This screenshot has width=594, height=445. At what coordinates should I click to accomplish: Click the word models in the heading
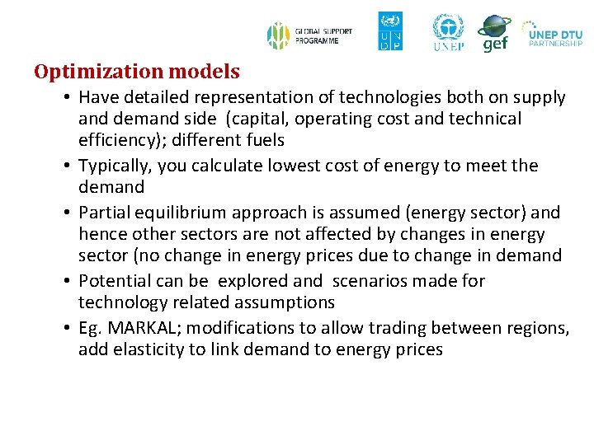coord(206,72)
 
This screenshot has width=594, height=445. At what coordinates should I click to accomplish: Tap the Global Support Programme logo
coord(309,35)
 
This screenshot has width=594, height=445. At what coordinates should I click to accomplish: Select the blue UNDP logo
coord(390,31)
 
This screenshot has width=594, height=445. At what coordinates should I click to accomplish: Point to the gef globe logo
coord(494,33)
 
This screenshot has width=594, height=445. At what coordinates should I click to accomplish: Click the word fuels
coord(264,140)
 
